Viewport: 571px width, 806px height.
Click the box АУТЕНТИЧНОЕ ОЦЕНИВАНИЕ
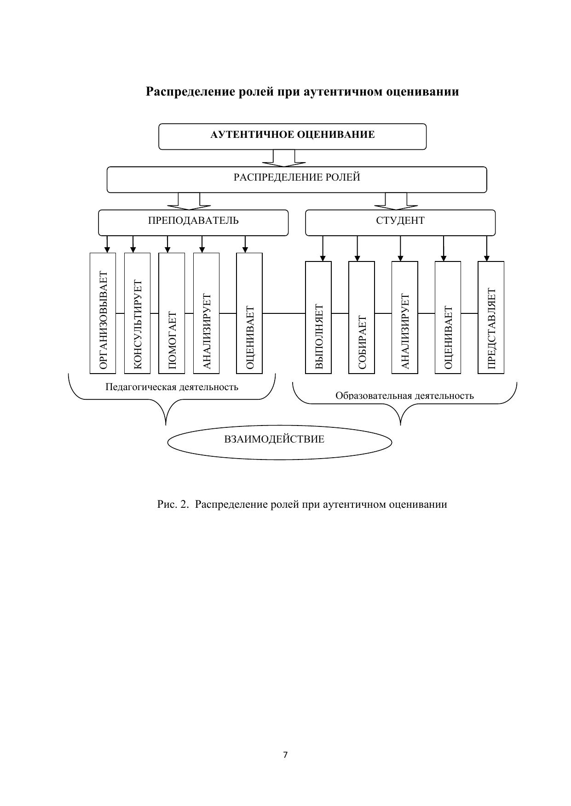(x=292, y=136)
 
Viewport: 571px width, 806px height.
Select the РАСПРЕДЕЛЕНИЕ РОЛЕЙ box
(x=297, y=179)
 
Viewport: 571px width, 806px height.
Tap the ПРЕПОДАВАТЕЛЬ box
(x=193, y=222)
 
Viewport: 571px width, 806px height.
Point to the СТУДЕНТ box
(x=400, y=222)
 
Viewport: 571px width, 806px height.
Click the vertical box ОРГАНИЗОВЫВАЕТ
(x=103, y=313)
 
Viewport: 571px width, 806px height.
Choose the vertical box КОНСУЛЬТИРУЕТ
(x=137, y=313)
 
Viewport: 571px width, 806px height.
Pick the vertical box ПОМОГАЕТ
(x=172, y=313)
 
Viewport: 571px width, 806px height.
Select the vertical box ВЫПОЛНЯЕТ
(x=318, y=317)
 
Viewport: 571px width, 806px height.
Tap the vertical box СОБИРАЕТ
(x=362, y=317)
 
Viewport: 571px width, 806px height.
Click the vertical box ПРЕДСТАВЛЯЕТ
(x=491, y=317)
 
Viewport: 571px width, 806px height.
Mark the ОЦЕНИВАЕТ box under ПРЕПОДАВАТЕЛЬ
(x=249, y=313)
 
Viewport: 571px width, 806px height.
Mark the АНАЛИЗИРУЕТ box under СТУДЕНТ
(x=404, y=317)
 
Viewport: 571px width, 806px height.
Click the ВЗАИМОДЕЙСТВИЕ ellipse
(x=279, y=442)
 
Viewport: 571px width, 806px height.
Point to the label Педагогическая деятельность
(x=172, y=387)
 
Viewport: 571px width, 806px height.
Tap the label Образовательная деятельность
(x=404, y=396)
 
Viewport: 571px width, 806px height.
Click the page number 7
(x=285, y=755)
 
